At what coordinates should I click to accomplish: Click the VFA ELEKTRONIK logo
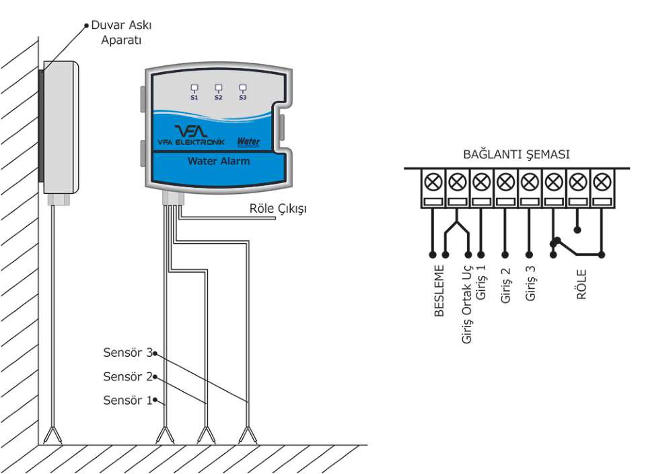tap(191, 135)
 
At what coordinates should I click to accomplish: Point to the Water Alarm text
tap(219, 161)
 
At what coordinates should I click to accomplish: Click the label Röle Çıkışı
tap(278, 209)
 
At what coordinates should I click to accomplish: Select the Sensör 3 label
tap(128, 352)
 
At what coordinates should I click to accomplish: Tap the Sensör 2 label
tap(128, 376)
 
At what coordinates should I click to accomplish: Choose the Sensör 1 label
tap(128, 400)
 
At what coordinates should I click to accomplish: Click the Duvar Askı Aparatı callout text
tap(121, 32)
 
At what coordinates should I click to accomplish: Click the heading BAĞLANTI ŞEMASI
tap(516, 154)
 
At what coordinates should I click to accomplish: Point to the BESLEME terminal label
tap(439, 291)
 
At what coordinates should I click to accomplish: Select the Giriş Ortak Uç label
tap(466, 303)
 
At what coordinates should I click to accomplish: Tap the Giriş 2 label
tap(505, 285)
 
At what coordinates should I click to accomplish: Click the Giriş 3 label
tap(530, 283)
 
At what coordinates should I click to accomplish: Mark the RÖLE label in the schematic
tap(581, 284)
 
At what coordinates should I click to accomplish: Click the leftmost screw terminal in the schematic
tap(433, 182)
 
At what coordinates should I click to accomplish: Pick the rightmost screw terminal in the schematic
tap(602, 182)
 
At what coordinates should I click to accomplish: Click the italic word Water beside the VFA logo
tap(248, 142)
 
